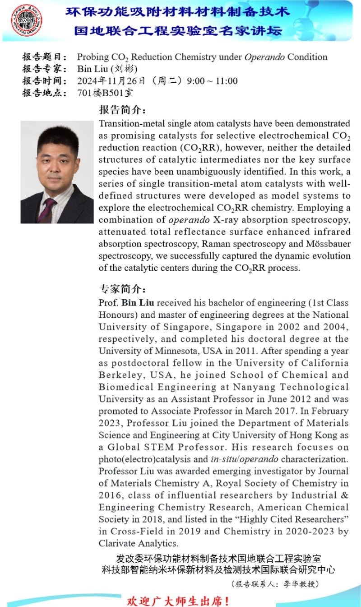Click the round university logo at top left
(x=27, y=21)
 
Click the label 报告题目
(x=45, y=57)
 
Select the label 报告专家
(x=45, y=69)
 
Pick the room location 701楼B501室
(x=105, y=94)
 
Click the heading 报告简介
(x=122, y=110)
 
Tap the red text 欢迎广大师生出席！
(x=179, y=601)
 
